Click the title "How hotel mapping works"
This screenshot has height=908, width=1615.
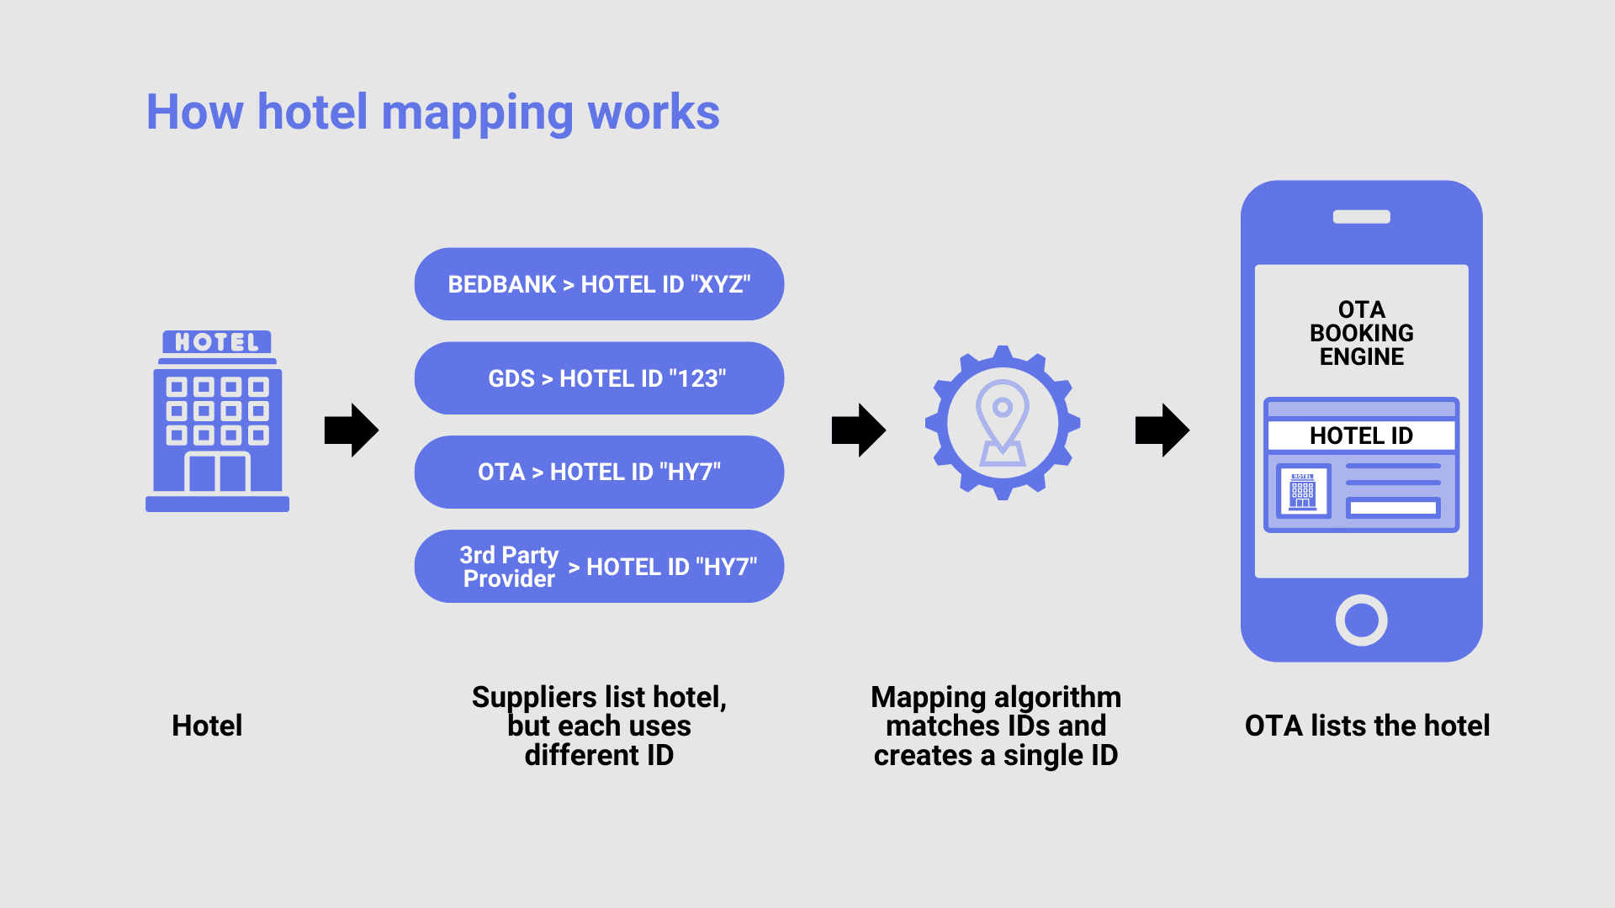tap(432, 112)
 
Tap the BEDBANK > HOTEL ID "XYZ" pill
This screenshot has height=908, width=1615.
tap(599, 284)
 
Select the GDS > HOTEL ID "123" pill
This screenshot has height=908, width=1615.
tap(599, 378)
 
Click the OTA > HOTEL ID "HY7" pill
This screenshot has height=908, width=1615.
tap(599, 472)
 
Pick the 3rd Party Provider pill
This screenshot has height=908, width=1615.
tap(599, 567)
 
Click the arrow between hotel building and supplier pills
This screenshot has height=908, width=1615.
tap(352, 430)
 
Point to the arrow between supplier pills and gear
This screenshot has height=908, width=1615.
tap(858, 430)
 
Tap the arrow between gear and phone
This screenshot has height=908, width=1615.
tap(1162, 430)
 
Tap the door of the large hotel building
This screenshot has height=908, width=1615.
tap(217, 472)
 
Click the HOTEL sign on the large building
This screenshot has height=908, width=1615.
tap(217, 342)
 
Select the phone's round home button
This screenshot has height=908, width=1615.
tap(1361, 620)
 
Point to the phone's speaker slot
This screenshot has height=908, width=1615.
tap(1361, 217)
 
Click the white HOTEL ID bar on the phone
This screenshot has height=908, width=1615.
tap(1361, 436)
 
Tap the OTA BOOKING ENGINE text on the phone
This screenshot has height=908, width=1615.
tap(1361, 333)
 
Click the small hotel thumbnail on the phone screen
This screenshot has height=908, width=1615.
tap(1303, 491)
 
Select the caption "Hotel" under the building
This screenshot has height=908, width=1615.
tap(207, 726)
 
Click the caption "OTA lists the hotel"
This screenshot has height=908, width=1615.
tap(1367, 726)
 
